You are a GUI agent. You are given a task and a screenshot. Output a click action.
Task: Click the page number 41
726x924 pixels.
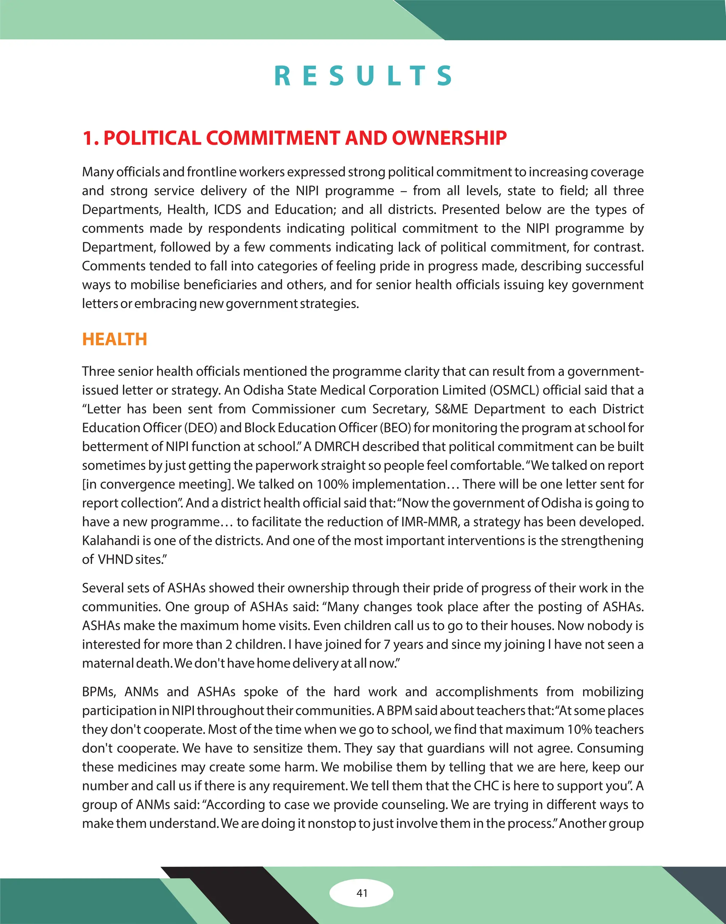click(362, 893)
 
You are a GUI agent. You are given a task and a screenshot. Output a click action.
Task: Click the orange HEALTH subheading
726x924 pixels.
click(115, 339)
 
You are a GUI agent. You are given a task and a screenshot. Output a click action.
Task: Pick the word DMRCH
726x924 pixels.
click(337, 446)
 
